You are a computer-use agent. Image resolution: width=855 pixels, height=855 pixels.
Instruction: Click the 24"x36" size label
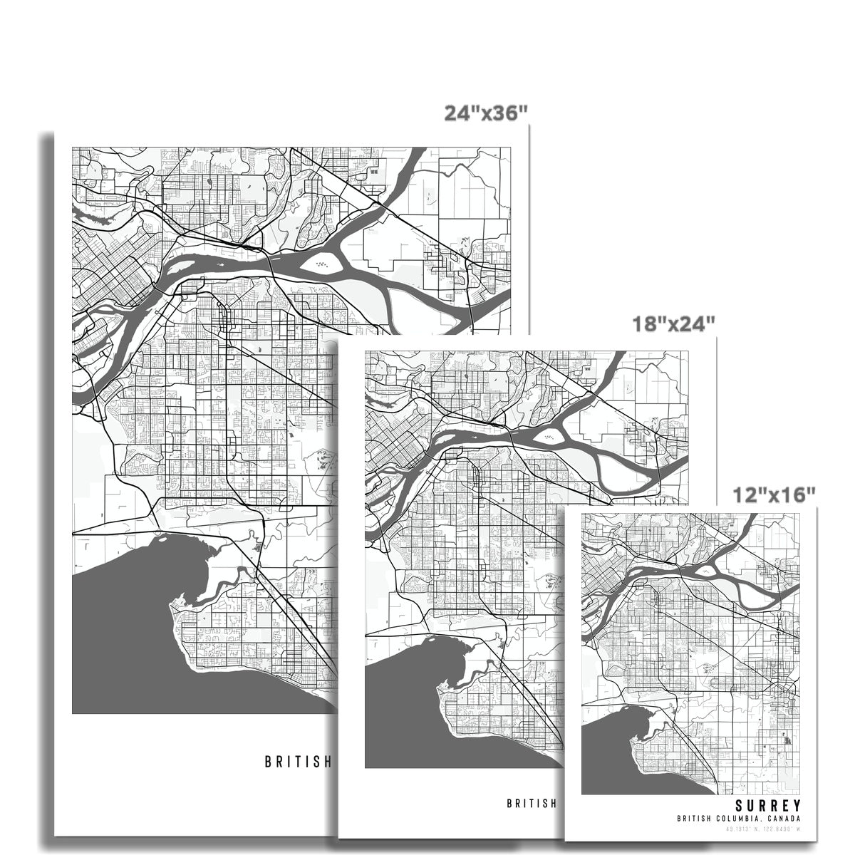coord(486,113)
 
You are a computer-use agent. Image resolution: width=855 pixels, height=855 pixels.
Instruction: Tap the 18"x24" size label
coord(673,324)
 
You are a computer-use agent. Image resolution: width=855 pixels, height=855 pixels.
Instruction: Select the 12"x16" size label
coord(774,493)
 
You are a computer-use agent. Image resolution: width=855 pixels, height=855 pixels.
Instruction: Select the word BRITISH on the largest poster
coord(298,761)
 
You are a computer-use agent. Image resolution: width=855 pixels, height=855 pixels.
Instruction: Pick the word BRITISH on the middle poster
coord(531,803)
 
